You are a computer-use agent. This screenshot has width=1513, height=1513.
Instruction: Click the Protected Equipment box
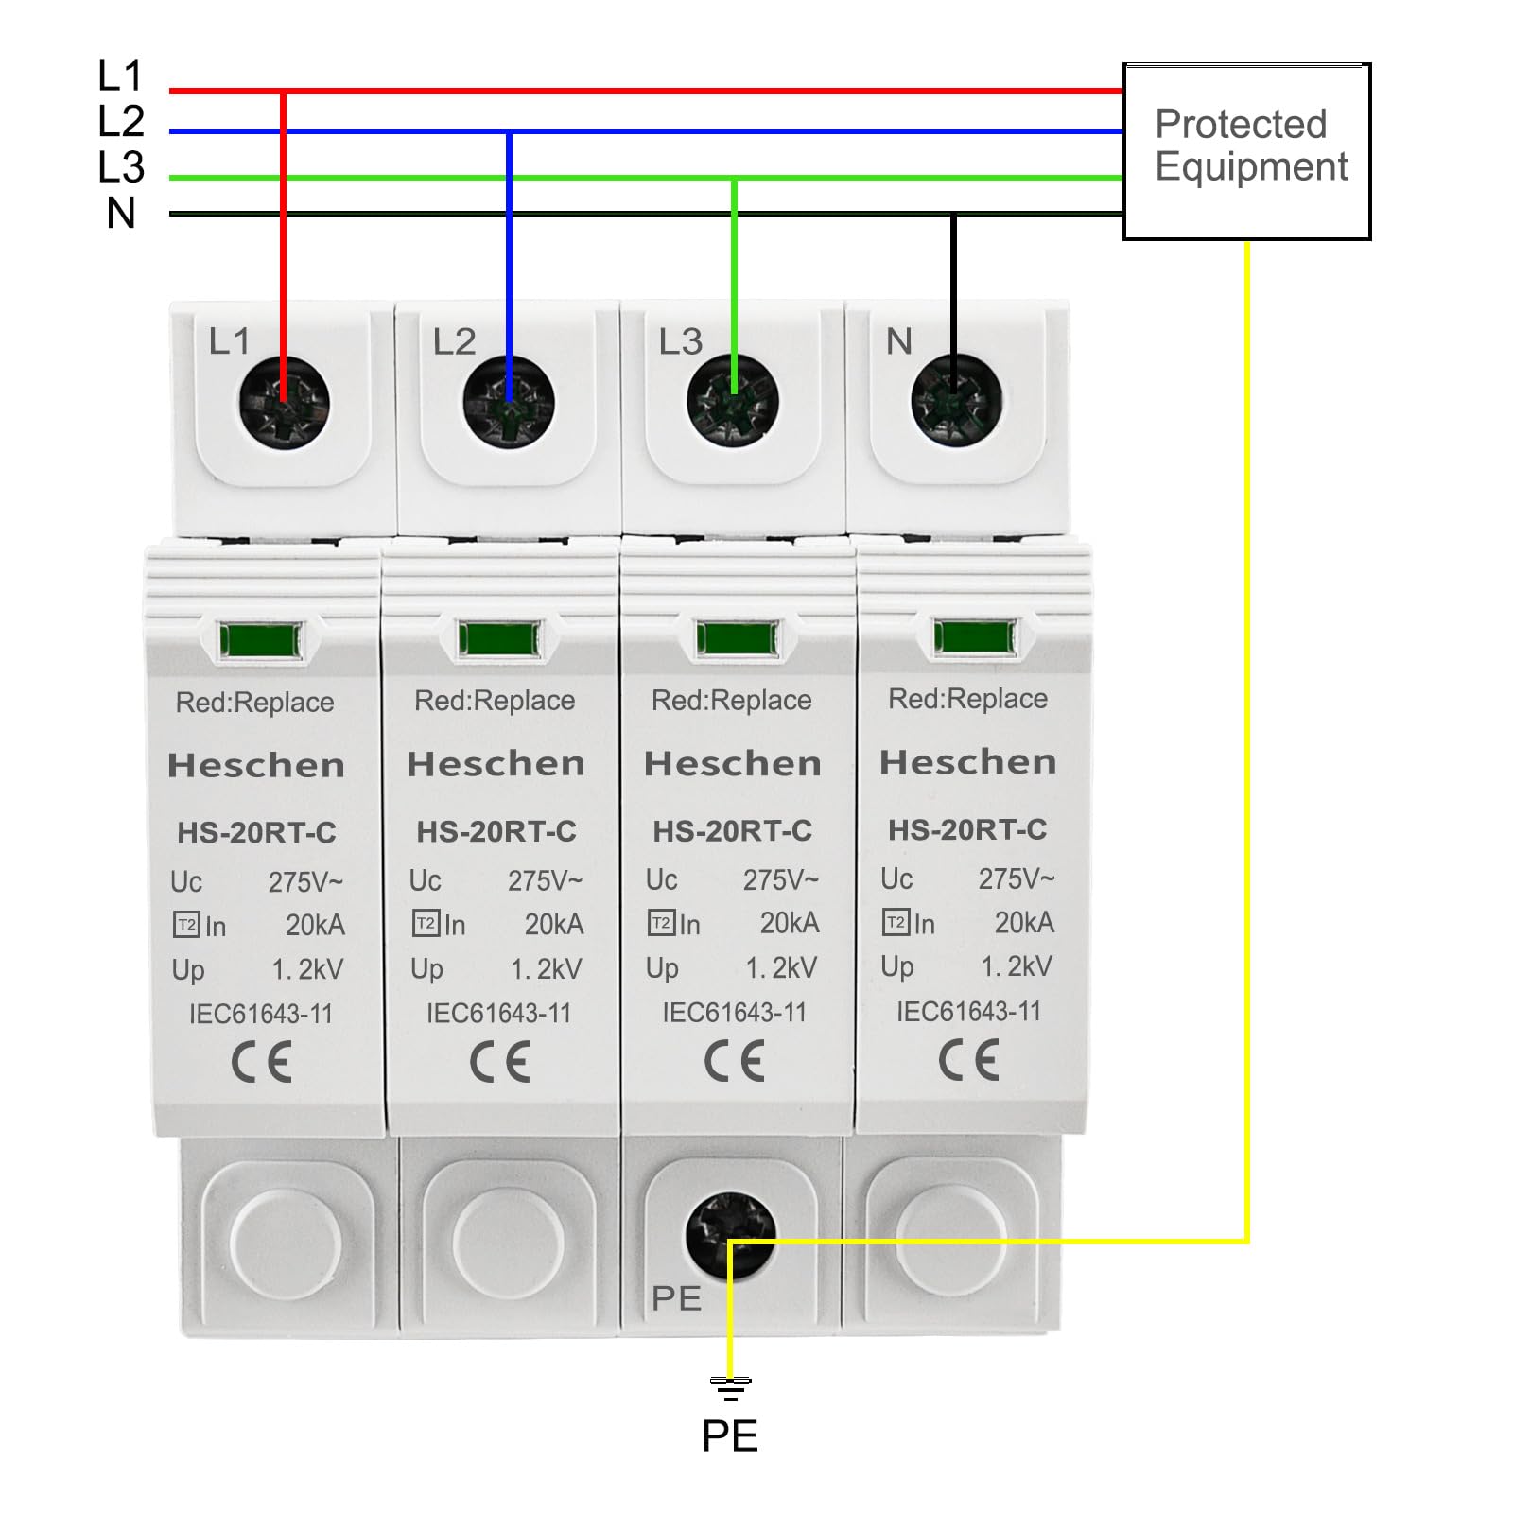(x=1246, y=151)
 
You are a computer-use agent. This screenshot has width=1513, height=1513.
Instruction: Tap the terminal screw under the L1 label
(x=284, y=403)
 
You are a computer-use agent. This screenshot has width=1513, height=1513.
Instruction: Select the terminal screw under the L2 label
(x=509, y=403)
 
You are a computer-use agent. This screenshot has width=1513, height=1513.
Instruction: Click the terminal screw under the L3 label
(x=734, y=401)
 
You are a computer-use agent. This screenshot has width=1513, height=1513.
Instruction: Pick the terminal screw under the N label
(x=956, y=399)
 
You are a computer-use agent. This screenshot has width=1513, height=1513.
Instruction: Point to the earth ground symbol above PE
(x=730, y=1388)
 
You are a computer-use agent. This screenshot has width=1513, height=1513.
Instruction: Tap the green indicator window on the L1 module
(x=261, y=640)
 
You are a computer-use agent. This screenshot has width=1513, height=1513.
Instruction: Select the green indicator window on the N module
(x=975, y=636)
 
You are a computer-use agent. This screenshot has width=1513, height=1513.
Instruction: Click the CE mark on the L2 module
(x=499, y=1063)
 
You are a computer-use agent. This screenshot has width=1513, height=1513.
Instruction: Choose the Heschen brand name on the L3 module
(x=733, y=764)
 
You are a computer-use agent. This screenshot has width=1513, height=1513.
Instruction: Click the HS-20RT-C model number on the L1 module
(x=256, y=833)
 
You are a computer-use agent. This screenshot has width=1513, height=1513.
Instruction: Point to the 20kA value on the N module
(x=1024, y=923)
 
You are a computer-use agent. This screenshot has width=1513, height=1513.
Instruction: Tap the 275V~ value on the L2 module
(x=545, y=881)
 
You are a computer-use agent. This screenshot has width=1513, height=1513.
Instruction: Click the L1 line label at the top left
(x=120, y=77)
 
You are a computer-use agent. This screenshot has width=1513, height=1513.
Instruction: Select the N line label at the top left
(x=121, y=214)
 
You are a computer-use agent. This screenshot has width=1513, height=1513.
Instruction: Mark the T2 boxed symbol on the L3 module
(x=660, y=923)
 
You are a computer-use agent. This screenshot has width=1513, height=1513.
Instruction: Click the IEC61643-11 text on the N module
(x=968, y=1012)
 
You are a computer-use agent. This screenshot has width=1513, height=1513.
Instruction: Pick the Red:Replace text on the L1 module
(x=254, y=703)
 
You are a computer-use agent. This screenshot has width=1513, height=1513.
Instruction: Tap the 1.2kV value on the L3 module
(x=781, y=968)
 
